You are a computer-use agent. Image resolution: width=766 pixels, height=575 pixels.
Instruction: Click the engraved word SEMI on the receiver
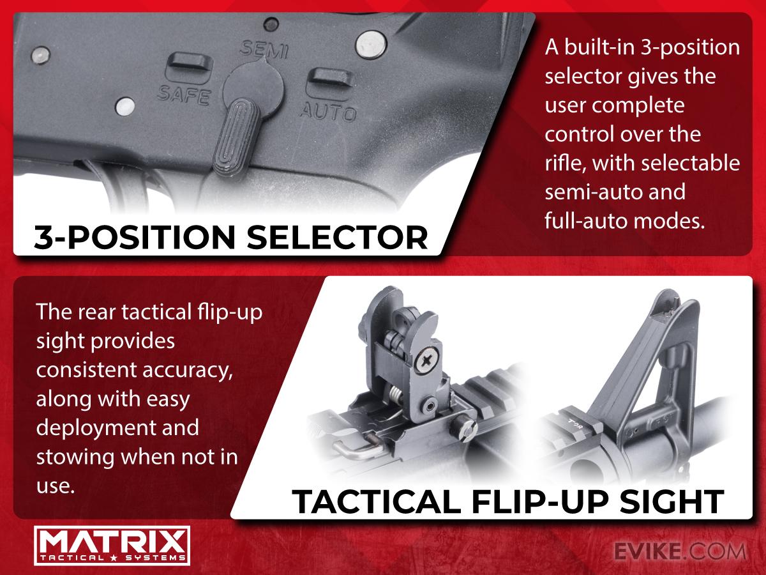coord(264,50)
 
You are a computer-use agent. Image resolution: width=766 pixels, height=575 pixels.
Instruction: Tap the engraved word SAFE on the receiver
coord(184,95)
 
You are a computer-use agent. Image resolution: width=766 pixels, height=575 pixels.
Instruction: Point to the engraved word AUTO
coord(328,111)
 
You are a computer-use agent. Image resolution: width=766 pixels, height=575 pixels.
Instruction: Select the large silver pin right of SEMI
coord(371,45)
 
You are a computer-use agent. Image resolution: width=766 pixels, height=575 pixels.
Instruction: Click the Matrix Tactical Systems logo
coord(112,546)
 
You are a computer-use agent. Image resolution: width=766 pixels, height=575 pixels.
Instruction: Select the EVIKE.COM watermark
coord(679,551)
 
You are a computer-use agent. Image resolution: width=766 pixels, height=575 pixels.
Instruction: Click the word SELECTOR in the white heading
coord(337,238)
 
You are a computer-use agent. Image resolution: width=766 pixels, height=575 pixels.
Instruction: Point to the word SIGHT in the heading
coord(672,502)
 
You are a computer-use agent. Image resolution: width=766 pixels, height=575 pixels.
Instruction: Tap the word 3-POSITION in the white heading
coord(135,238)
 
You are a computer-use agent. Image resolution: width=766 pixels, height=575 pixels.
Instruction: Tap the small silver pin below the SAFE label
coord(125,106)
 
